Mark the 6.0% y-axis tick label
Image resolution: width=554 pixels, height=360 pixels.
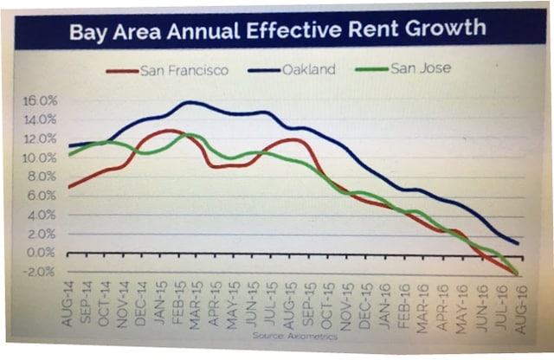click(45, 196)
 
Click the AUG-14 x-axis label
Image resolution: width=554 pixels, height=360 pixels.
click(68, 308)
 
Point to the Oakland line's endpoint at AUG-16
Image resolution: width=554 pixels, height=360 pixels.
click(517, 243)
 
